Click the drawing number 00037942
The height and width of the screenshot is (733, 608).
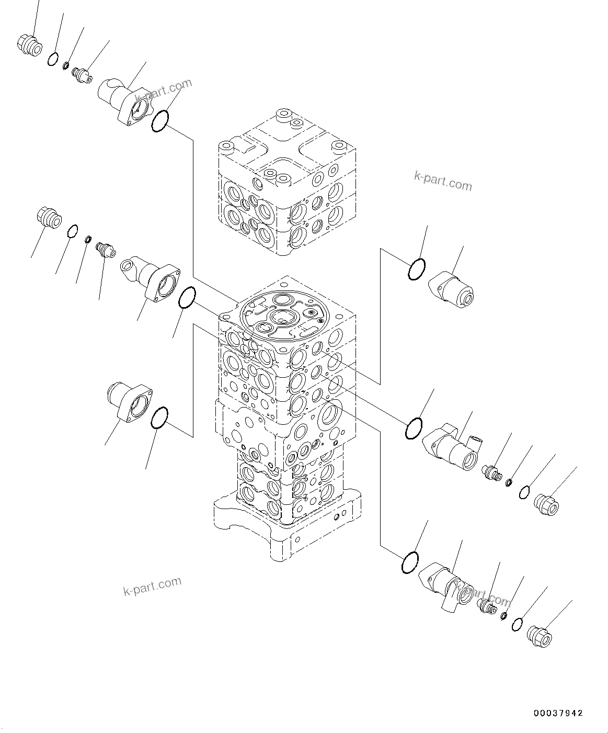pos(558,713)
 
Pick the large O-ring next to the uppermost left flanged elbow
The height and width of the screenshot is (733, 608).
pos(160,120)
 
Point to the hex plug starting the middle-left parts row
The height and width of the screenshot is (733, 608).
pos(50,217)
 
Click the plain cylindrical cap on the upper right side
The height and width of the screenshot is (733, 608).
pos(452,288)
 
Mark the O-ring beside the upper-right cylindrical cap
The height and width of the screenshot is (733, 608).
pos(417,269)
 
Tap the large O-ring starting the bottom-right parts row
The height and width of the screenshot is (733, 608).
pos(410,562)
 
